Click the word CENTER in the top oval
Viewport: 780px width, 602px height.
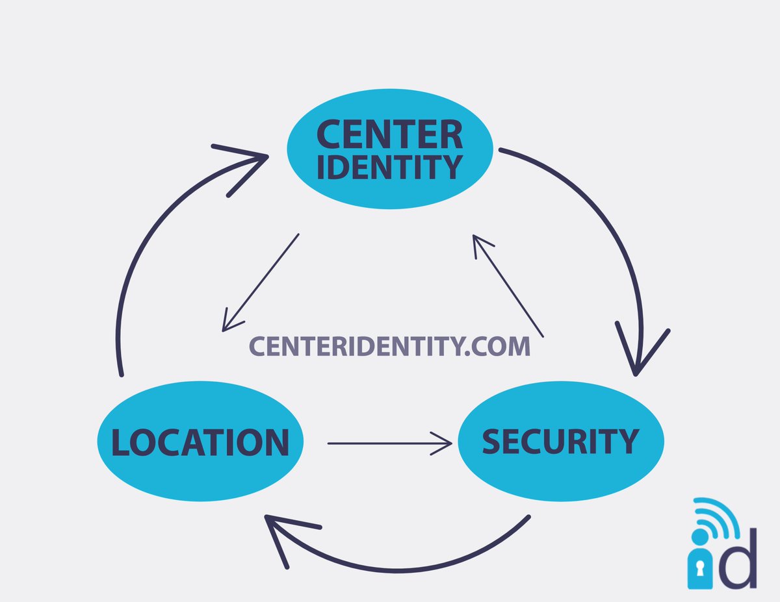[x=389, y=134]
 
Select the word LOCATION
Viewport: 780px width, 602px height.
[x=200, y=442]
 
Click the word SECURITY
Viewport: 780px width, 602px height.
[x=560, y=442]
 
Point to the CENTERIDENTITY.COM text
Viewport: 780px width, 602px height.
[x=389, y=347]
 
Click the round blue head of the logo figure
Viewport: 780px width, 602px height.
[x=699, y=538]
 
